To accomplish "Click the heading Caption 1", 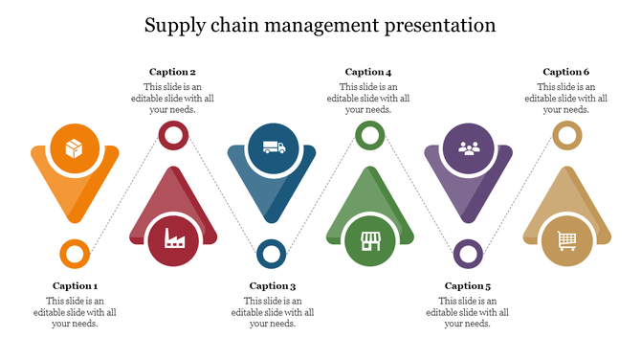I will tap(75, 285).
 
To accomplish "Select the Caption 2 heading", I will tap(173, 72).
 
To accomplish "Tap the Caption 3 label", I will tap(273, 285).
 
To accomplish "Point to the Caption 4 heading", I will tap(368, 72).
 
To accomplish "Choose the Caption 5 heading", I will tap(468, 285).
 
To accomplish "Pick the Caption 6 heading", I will tap(566, 72).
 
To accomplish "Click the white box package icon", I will tap(75, 148).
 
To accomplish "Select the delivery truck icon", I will tap(273, 148).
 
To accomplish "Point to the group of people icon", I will tap(468, 148).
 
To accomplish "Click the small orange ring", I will tap(75, 255).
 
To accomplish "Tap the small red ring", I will tap(173, 135).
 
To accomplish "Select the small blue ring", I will tap(272, 255).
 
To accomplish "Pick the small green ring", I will tap(369, 135).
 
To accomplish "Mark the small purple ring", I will tap(468, 255).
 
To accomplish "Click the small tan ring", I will tap(566, 135).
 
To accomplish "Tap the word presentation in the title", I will tap(431, 24).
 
